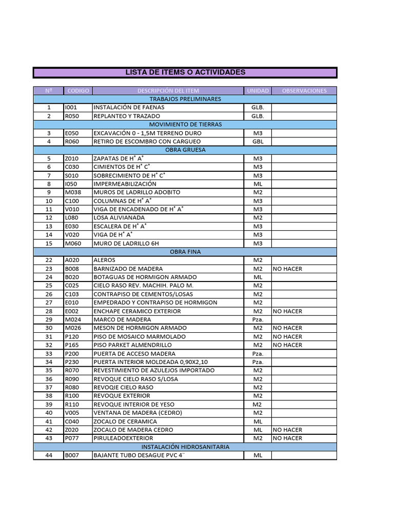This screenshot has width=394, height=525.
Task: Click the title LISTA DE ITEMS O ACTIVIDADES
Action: [185, 73]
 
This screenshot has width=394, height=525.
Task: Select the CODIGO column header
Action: [78, 91]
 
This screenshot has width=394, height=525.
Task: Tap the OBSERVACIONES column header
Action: [304, 91]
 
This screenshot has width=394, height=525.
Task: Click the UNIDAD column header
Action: [258, 91]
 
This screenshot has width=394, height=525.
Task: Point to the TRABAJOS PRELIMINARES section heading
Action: [185, 99]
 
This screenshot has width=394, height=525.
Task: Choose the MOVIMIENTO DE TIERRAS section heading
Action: [185, 125]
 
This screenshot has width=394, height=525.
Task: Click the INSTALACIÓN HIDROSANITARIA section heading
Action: [185, 447]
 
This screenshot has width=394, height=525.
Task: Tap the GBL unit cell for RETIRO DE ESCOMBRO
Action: [258, 142]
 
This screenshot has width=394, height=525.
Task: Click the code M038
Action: [72, 192]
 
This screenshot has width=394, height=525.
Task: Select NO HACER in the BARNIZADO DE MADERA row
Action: [287, 269]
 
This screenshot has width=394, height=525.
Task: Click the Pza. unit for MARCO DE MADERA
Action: [258, 319]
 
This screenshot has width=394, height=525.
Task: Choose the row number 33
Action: [49, 354]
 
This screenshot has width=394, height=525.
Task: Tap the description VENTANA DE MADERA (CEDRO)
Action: [137, 413]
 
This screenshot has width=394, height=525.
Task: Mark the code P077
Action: [72, 438]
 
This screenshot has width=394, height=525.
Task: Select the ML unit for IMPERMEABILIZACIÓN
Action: [258, 184]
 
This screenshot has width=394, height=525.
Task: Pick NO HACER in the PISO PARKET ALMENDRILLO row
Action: [287, 345]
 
